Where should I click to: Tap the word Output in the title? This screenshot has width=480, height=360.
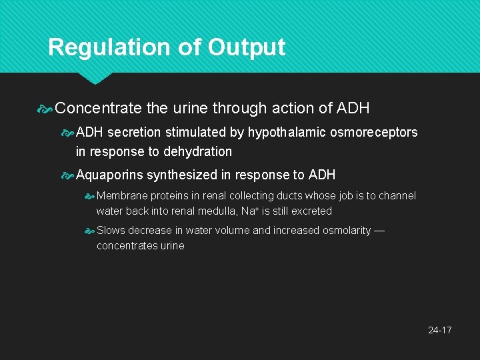pos(246,47)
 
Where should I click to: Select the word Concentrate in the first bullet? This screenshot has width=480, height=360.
pos(99,108)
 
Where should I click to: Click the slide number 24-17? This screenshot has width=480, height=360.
pos(439,330)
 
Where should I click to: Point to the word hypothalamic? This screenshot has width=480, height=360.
pos(287,132)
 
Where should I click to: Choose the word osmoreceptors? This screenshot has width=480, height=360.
pos(374,132)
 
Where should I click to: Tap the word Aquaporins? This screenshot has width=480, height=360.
pos(110,175)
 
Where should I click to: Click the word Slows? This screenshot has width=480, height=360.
pos(111,231)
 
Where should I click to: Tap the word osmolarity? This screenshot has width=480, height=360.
pos(344,231)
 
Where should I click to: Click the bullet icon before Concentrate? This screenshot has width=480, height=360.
pos(47,108)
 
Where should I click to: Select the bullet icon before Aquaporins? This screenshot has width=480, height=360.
pos(68,175)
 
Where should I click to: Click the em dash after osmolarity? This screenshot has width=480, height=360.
pos(379,231)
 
